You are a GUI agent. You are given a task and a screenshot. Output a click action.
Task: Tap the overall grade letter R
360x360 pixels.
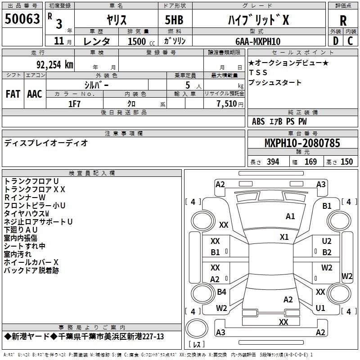343,21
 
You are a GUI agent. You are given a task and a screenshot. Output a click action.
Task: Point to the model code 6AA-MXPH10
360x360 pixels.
258,41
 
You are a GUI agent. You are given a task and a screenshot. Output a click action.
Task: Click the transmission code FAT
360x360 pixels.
13,94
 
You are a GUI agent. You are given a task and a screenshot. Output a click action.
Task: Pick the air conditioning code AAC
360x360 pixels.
34,94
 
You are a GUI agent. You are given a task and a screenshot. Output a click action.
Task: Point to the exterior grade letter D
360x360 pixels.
335,41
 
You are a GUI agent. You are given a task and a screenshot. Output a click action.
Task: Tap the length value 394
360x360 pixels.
273,162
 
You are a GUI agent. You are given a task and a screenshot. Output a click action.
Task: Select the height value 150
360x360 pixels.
346,162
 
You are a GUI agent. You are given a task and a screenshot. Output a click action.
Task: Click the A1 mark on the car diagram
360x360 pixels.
290,216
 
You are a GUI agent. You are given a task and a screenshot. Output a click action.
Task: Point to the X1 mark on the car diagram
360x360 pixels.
284,237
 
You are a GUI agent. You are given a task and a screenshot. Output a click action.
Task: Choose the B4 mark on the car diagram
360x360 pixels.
221,292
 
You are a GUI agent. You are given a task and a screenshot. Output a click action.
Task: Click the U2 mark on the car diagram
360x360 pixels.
327,242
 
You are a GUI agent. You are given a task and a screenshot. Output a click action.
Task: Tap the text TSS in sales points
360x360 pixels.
258,72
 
